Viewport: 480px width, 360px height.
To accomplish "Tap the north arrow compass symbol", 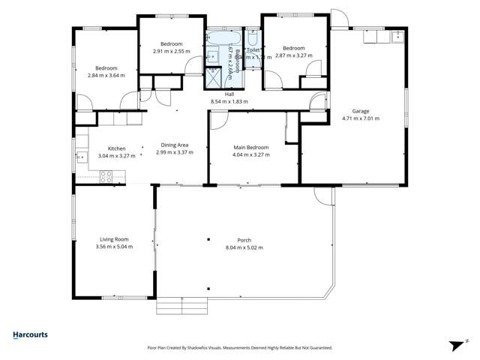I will [x=454, y=343].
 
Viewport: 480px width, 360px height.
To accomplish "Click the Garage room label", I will [x=361, y=111].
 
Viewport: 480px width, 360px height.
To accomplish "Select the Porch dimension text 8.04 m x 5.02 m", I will [x=244, y=248].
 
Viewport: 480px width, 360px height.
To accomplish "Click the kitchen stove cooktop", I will [x=106, y=177].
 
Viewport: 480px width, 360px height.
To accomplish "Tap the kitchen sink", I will [x=80, y=156].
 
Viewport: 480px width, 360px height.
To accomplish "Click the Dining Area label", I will [x=174, y=145].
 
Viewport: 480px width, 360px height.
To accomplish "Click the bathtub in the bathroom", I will [x=222, y=37].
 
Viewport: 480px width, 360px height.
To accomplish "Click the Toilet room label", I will [x=253, y=49].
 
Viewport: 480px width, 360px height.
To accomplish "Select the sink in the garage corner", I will [x=395, y=35].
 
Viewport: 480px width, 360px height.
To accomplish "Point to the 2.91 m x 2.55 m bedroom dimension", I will [x=171, y=51].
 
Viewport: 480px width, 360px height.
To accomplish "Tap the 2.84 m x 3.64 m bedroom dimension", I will [x=106, y=75].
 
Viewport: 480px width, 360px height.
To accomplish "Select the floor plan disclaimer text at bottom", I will [x=240, y=347].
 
